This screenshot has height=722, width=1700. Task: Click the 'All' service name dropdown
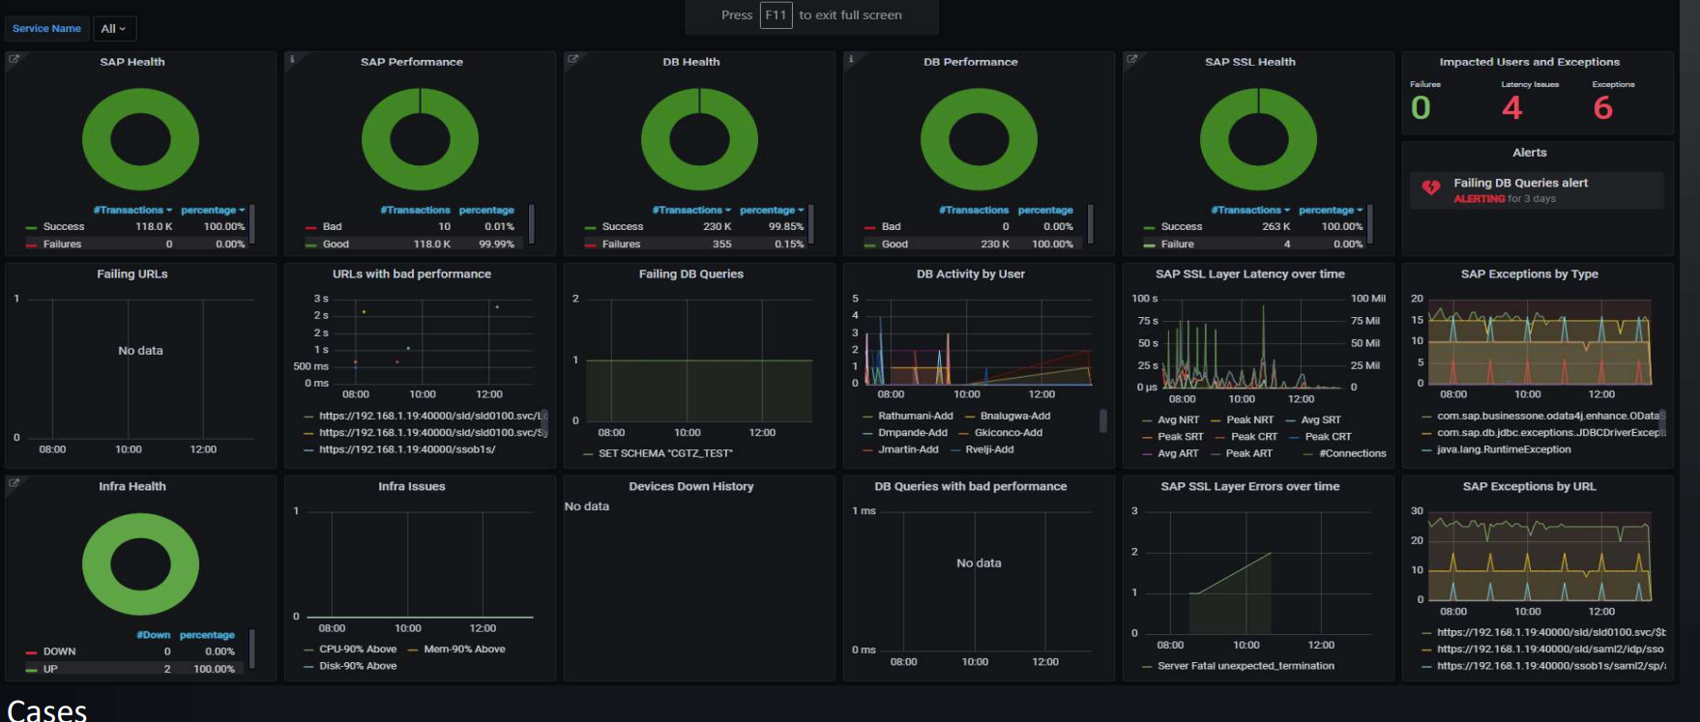(113, 29)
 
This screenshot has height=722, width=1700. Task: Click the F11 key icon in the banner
(776, 15)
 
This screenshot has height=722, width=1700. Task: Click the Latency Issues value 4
(1511, 107)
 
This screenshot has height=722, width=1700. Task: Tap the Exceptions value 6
(1602, 107)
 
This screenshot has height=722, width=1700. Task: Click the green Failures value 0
(1421, 107)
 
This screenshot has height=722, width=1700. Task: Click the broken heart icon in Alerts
(1431, 188)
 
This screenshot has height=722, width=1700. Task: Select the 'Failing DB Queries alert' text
(1520, 183)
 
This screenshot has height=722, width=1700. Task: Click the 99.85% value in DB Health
(785, 227)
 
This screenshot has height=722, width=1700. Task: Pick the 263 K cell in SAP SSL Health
(1275, 227)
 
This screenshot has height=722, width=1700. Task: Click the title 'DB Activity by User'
(970, 274)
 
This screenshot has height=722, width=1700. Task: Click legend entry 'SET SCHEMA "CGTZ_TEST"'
(664, 453)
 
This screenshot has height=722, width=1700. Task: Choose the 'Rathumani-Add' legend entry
(915, 417)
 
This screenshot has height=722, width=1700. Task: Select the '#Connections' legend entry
(1352, 453)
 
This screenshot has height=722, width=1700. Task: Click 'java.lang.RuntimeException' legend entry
(1503, 449)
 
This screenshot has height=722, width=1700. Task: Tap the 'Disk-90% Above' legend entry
(357, 666)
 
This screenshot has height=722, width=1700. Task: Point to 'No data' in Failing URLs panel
(140, 351)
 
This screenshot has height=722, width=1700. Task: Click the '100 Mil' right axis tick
(1367, 299)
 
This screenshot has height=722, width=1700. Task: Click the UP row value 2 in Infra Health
(167, 669)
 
